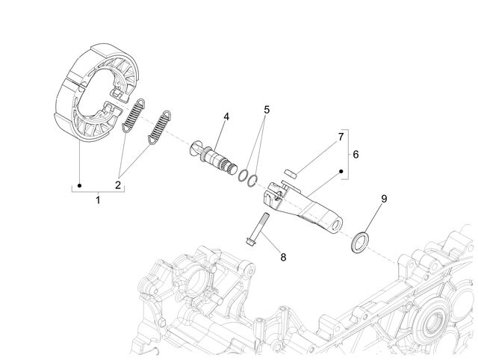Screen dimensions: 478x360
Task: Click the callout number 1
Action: coord(98,200)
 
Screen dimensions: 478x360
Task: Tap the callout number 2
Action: coord(118,184)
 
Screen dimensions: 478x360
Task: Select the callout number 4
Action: coord(226,117)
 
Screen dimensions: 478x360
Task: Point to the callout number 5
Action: coord(267,110)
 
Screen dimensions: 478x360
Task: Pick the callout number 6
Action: coord(356,155)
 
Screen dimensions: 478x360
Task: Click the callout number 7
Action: coord(341,137)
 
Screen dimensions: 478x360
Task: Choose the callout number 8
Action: coord(283,257)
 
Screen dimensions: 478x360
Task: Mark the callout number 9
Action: coord(384,199)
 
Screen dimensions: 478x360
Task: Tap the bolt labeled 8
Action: coord(258,229)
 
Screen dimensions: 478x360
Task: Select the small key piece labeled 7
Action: coord(291,173)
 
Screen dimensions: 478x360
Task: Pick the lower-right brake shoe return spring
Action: coord(159,127)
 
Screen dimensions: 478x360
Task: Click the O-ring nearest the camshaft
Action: coord(243,175)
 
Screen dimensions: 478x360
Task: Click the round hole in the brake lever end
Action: coord(336,226)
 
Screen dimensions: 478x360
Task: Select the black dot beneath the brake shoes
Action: coord(79,186)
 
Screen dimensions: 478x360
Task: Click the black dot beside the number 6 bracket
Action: coord(341,171)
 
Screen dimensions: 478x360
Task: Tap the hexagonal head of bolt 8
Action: coord(249,240)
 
